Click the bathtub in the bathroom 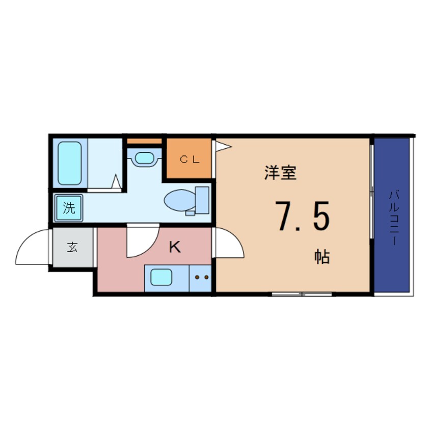point(69,163)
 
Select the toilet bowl point(179,199)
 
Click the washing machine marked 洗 point(68,207)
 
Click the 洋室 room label point(280,173)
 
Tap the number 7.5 point(303,216)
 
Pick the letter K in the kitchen point(175,248)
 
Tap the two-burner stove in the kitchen point(200,278)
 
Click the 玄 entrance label point(72,248)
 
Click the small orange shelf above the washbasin point(144,141)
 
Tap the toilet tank point(202,199)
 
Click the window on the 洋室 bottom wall point(302,294)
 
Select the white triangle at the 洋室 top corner point(223,146)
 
